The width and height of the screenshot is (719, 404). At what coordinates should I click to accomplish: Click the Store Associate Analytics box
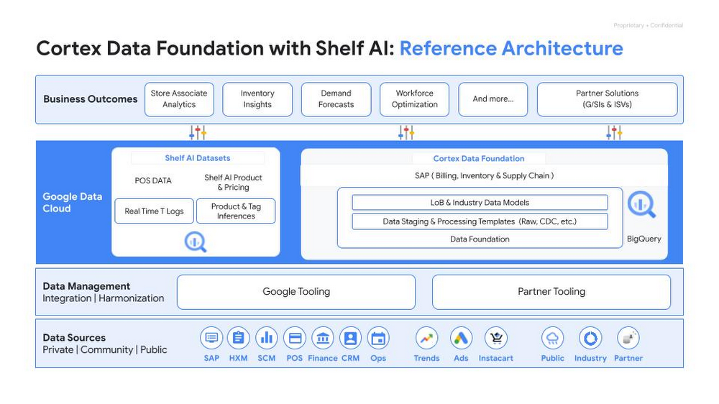click(179, 99)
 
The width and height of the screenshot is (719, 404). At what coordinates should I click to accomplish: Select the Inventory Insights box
click(257, 99)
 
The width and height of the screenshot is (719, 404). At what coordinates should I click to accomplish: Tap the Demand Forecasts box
click(336, 99)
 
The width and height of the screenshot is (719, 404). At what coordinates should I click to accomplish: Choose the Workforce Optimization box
click(414, 99)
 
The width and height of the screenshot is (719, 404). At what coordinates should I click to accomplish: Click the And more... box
click(493, 99)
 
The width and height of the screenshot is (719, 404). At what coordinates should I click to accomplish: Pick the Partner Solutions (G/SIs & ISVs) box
click(607, 99)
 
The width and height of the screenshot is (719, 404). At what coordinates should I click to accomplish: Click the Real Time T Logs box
click(154, 211)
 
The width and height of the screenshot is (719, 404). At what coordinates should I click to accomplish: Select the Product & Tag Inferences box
click(236, 211)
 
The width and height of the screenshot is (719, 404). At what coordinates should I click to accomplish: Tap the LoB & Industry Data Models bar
click(480, 203)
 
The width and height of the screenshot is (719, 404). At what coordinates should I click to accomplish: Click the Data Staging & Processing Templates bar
click(480, 221)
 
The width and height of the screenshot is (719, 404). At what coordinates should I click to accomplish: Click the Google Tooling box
click(296, 292)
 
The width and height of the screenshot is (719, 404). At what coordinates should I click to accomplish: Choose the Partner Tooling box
click(551, 292)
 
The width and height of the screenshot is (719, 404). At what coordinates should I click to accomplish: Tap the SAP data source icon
click(211, 338)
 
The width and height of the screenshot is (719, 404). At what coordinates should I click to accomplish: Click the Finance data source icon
click(323, 338)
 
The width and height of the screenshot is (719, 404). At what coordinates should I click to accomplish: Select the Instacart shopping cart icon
click(496, 338)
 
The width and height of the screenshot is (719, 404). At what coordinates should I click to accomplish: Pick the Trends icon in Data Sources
click(426, 338)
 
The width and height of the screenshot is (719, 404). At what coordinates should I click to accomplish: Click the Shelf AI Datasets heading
click(198, 158)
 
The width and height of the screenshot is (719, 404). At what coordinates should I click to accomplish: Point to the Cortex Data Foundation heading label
click(479, 158)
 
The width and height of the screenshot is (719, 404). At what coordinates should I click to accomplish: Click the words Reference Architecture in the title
click(511, 49)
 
